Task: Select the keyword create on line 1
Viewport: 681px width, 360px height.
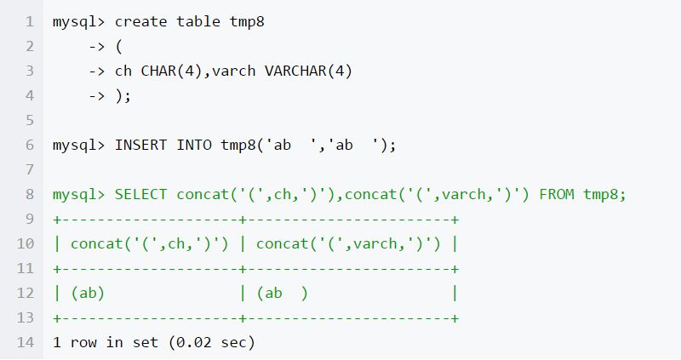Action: click(x=140, y=21)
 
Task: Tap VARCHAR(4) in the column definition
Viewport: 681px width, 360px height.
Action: click(x=308, y=71)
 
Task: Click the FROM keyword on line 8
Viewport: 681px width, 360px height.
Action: click(x=557, y=194)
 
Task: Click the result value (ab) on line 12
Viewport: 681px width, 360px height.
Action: click(x=88, y=294)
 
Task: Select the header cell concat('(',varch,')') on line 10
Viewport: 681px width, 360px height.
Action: click(x=348, y=244)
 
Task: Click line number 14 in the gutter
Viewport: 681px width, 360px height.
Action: click(x=26, y=343)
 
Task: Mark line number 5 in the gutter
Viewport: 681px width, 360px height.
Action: click(x=30, y=120)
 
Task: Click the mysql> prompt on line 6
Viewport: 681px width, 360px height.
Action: click(x=78, y=145)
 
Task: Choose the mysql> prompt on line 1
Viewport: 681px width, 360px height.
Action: click(x=78, y=21)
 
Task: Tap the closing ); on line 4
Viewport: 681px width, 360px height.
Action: click(x=123, y=95)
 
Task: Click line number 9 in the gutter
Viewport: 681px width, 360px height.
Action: click(x=30, y=220)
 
